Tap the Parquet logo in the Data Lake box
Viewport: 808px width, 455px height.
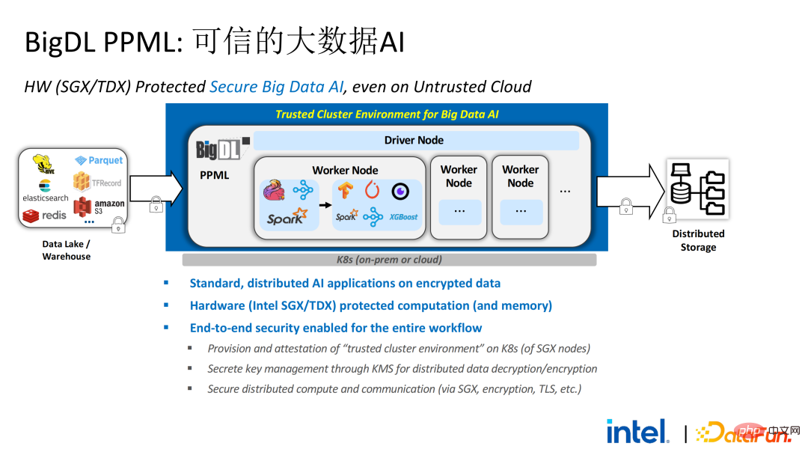pyautogui.click(x=99, y=160)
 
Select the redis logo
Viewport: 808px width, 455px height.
pyautogui.click(x=45, y=216)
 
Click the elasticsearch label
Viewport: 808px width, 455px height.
pyautogui.click(x=46, y=198)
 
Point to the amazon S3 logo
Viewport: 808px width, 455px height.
pyautogui.click(x=99, y=207)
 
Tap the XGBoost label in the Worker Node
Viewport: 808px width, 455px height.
pyautogui.click(x=403, y=217)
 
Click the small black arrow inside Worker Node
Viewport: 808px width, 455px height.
pyautogui.click(x=325, y=205)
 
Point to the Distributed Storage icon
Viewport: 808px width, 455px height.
pyautogui.click(x=698, y=189)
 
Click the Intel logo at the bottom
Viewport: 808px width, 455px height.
pyautogui.click(x=637, y=431)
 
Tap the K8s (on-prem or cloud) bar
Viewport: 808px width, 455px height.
pyautogui.click(x=389, y=260)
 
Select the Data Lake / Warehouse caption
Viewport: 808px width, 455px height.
pyautogui.click(x=67, y=250)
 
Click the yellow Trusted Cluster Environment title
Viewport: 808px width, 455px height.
pyautogui.click(x=387, y=114)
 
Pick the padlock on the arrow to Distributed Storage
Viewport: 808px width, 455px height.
pyautogui.click(x=626, y=206)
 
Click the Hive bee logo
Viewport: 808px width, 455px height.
pyautogui.click(x=44, y=165)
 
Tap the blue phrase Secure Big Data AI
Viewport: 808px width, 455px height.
pyautogui.click(x=276, y=87)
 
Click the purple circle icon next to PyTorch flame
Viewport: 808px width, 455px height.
pyautogui.click(x=400, y=191)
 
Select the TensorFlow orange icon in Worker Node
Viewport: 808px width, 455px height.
pyautogui.click(x=345, y=191)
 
